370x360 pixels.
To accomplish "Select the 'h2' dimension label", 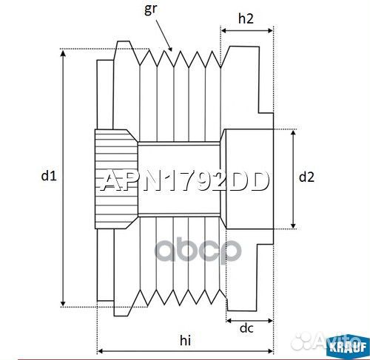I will tap(247, 19).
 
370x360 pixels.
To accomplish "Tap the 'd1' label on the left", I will tap(49, 176).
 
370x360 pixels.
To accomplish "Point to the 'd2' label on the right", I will tap(306, 177).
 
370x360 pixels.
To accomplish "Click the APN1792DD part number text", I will tap(184, 180).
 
